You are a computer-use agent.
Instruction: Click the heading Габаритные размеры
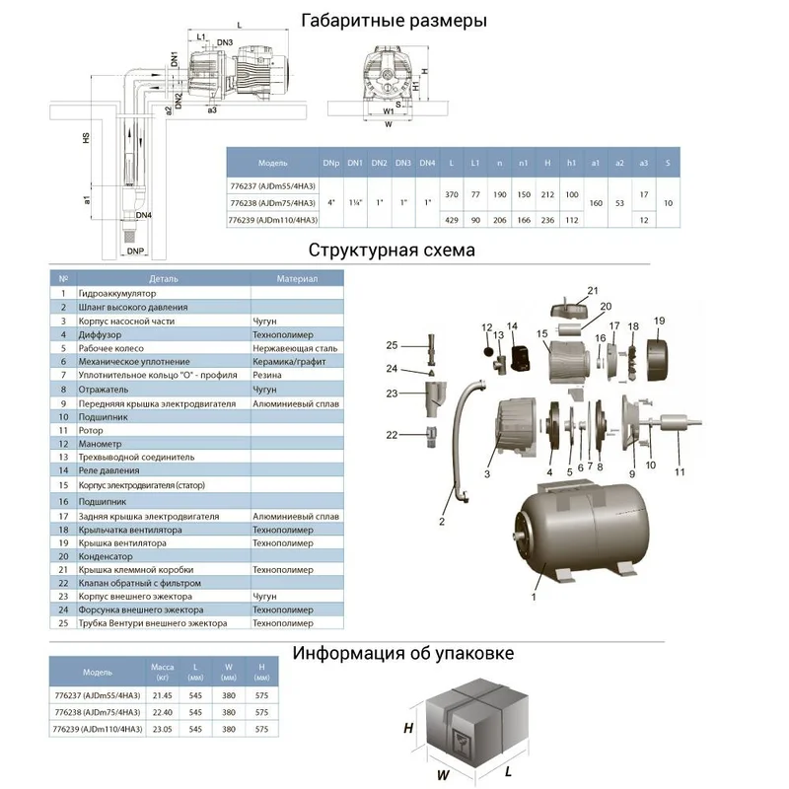(x=394, y=20)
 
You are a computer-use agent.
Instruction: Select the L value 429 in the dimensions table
(x=451, y=219)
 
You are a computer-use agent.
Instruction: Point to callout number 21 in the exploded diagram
(x=593, y=290)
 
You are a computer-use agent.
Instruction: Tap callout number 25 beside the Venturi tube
(x=392, y=345)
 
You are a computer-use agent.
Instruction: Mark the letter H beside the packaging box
(x=407, y=728)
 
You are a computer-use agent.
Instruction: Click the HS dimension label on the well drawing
(x=86, y=142)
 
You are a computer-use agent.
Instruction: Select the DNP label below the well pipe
(x=135, y=251)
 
